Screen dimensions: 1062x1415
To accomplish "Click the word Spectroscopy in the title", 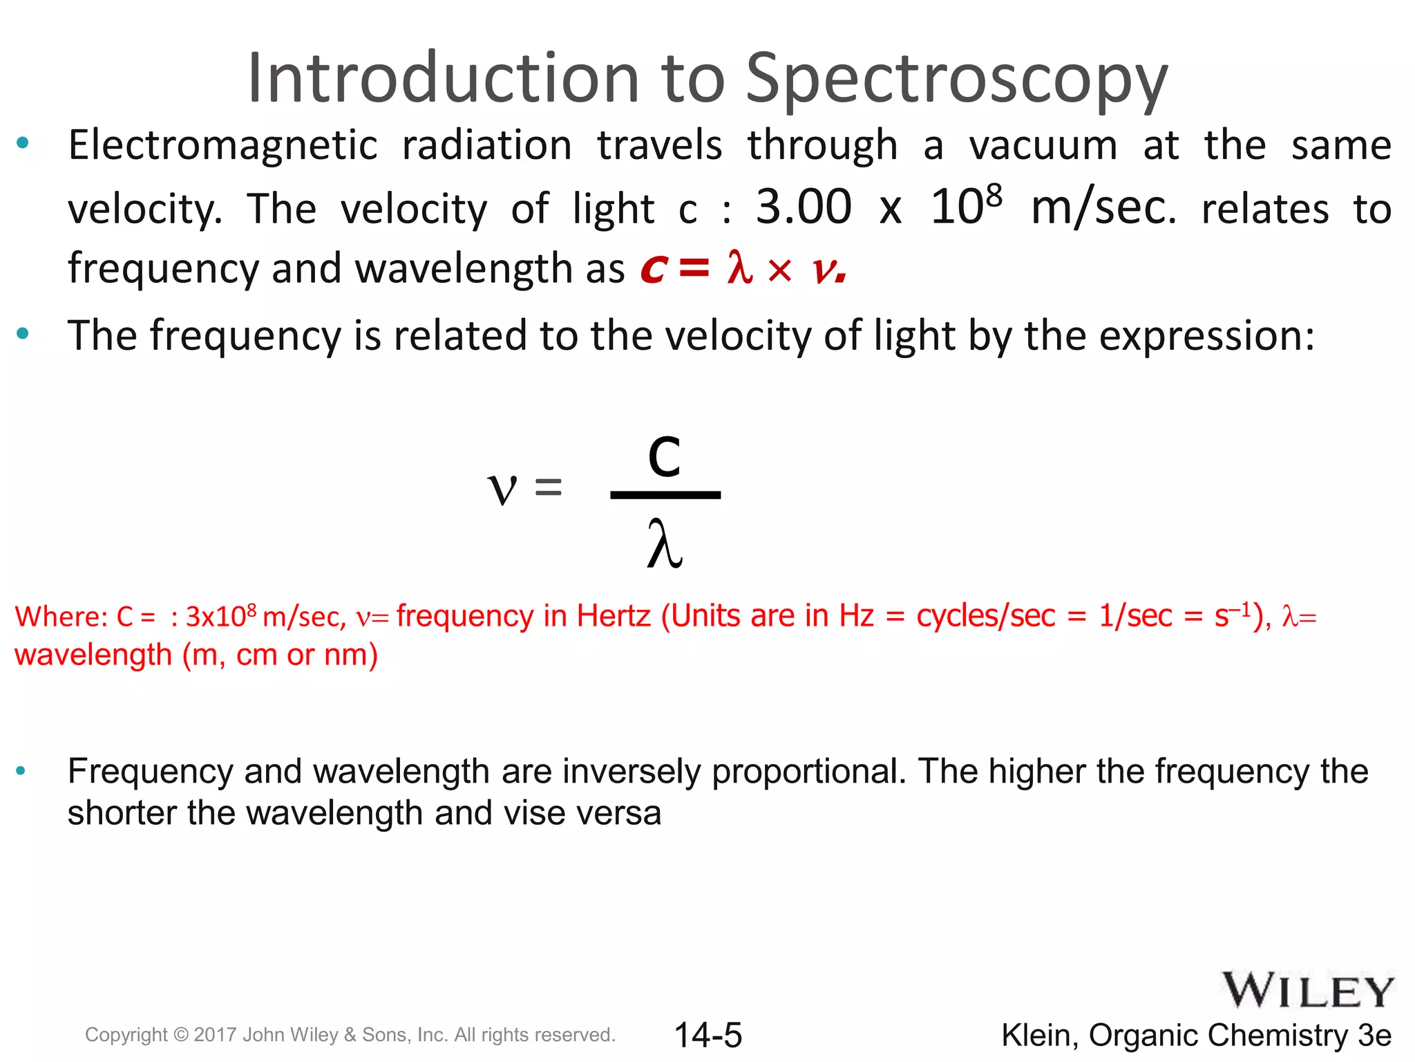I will pos(956,80).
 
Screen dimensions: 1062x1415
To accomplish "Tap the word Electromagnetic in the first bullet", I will pos(222,146).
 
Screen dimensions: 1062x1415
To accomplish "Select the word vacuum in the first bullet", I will pos(1043,146).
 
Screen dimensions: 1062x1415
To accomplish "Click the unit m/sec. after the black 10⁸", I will pos(1103,209).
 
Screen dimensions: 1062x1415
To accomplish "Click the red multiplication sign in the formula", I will pos(779,270).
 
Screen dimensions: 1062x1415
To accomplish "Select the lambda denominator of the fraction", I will pos(665,546).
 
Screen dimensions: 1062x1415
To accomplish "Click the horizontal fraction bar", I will pos(665,495).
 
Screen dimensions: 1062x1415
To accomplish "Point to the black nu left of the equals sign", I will pos(502,489).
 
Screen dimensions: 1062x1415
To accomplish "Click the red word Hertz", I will pos(614,615).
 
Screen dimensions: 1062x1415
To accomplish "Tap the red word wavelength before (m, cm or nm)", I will pos(93,655).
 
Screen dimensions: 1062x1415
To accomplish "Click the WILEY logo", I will pos(1308,991).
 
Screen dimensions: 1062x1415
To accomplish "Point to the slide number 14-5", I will pos(707,1035).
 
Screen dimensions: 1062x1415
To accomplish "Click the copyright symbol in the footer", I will pos(181,1035).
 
